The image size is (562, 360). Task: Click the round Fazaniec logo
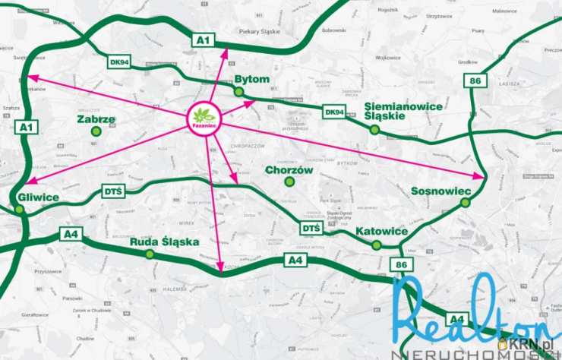click(x=204, y=117)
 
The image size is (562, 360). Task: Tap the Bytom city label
click(x=253, y=79)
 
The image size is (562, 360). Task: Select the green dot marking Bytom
click(x=238, y=92)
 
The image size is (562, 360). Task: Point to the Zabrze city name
click(x=96, y=119)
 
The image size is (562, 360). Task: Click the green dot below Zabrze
click(x=96, y=132)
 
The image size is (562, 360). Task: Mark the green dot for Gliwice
click(x=19, y=210)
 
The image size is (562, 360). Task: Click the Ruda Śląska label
click(x=164, y=242)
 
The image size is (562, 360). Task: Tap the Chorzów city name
click(x=289, y=170)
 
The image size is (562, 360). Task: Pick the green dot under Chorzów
click(x=289, y=182)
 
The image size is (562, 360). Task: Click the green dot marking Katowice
click(x=377, y=245)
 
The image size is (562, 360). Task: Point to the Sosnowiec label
click(x=447, y=191)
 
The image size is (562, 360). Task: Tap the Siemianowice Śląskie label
click(x=403, y=111)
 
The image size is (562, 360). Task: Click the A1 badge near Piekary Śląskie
click(x=203, y=39)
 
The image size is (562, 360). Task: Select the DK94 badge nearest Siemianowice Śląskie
click(x=334, y=112)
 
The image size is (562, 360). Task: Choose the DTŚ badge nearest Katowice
click(x=311, y=227)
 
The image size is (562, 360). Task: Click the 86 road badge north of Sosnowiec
click(x=475, y=81)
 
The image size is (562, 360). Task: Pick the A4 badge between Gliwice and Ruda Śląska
click(x=71, y=234)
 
